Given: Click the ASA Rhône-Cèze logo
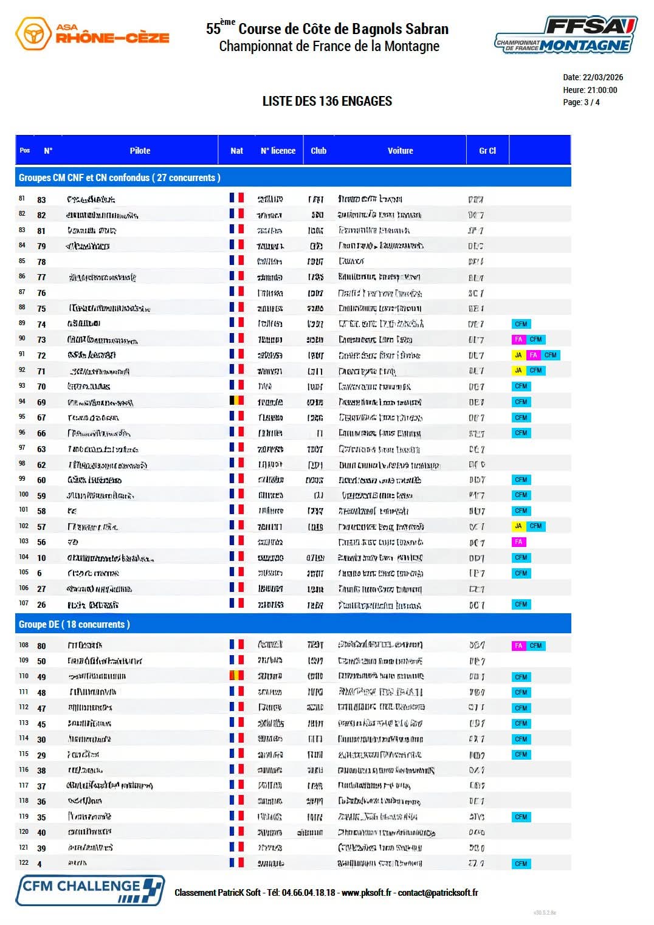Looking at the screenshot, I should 92,33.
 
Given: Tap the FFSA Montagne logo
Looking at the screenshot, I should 565,35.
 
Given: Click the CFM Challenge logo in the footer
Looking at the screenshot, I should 90,890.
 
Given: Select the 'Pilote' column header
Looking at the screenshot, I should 140,151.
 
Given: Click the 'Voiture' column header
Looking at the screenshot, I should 400,151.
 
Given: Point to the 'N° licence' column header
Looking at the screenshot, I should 278,151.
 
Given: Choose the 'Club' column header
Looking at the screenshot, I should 318,151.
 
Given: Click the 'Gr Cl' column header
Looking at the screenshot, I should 487,151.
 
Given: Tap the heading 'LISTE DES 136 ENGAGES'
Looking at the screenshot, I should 327,101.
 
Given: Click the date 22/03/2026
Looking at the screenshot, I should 602,77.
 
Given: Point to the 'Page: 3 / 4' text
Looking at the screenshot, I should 581,102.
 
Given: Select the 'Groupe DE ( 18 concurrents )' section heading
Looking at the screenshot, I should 74,624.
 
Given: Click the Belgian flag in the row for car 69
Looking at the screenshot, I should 236,401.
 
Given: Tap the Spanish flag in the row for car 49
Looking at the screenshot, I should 236,675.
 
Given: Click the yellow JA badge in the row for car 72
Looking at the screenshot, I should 518,355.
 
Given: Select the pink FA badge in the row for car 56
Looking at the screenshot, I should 518,542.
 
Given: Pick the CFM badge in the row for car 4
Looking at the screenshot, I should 521,864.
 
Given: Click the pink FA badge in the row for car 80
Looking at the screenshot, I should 518,645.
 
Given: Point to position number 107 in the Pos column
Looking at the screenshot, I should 24,603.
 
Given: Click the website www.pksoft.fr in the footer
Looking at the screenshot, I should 367,893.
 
